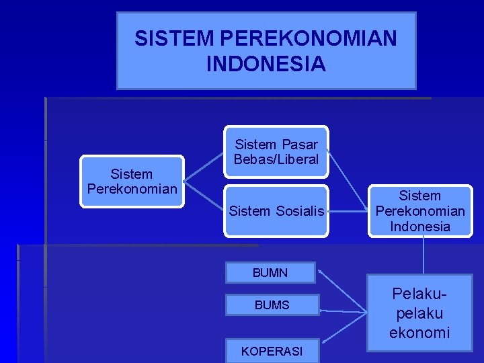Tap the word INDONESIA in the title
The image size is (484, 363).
[x=266, y=64]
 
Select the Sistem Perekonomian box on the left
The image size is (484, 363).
[x=132, y=182]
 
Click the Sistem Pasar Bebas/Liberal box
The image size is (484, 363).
[x=276, y=153]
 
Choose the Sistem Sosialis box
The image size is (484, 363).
[x=276, y=210]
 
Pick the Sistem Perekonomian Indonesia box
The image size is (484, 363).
[x=420, y=211]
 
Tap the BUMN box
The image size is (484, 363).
[x=270, y=273]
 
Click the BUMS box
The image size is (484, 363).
[x=272, y=305]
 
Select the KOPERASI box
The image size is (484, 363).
[x=272, y=351]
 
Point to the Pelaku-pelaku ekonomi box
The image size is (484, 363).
[x=419, y=313]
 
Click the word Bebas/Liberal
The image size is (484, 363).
[x=276, y=160]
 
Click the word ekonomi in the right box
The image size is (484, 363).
[x=419, y=333]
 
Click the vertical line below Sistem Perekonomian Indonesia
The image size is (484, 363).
[x=424, y=255]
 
